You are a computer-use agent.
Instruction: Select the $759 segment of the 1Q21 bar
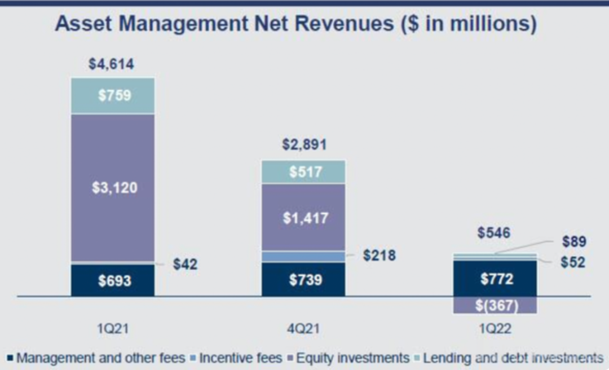[113, 95]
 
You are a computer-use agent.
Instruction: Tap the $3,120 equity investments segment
[113, 188]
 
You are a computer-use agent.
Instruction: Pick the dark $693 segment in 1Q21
[113, 280]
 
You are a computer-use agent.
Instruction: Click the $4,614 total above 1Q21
[112, 64]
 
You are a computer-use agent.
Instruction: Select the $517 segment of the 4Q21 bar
[303, 171]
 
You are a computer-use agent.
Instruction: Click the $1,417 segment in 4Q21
[303, 218]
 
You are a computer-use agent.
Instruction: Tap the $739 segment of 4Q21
[303, 279]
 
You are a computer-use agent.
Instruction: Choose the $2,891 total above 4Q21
[304, 145]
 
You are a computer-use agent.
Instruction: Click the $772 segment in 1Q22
[495, 278]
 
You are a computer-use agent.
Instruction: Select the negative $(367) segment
[495, 305]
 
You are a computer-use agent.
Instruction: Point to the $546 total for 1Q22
[494, 232]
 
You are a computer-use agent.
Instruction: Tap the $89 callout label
[574, 241]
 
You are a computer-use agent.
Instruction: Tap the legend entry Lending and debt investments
[512, 358]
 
